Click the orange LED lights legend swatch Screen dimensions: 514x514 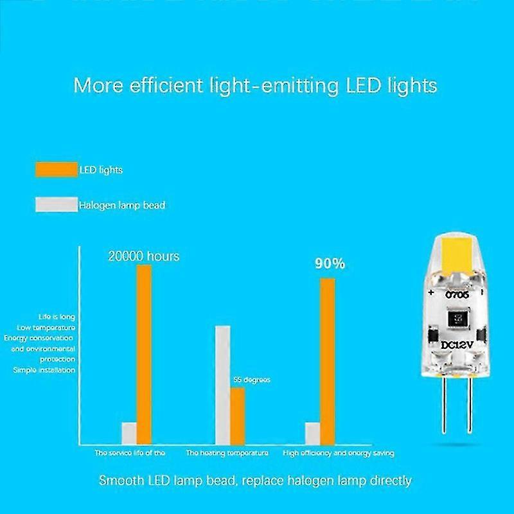55,170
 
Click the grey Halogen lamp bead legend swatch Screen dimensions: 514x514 55,205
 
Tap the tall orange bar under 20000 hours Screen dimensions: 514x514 144,354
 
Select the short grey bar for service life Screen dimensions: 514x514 128,432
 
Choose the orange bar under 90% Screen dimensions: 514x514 328,360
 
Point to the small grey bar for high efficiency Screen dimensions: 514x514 312,432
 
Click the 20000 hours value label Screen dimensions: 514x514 143,256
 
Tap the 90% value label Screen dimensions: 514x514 328,263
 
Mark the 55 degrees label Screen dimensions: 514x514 251,380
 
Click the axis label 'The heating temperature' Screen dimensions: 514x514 227,453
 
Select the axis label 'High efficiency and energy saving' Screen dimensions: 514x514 339,453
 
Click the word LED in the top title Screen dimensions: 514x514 366,85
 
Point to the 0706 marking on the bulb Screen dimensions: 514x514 459,294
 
